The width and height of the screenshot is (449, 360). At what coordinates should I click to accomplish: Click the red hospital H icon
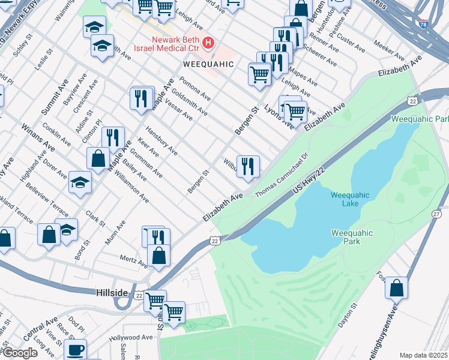point(208,43)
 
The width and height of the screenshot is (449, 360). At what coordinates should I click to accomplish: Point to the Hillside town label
point(112,292)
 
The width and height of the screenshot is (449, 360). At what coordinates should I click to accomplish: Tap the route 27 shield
point(436,214)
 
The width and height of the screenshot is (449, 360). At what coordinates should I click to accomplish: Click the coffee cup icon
point(76,349)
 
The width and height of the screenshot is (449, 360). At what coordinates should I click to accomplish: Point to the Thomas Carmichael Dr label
point(281,175)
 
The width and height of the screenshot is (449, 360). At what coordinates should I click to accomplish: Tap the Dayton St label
point(348,314)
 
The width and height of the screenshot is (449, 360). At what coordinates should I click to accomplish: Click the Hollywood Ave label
point(131,338)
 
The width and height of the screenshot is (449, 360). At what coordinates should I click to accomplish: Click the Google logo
point(20,353)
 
